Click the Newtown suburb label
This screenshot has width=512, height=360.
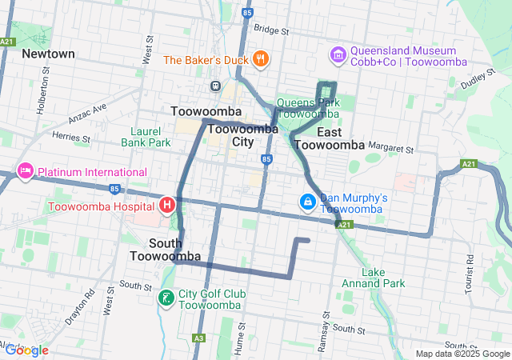click(x=48, y=54)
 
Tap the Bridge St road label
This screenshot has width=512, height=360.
click(x=270, y=30)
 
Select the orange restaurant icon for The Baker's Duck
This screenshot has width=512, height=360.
click(x=260, y=58)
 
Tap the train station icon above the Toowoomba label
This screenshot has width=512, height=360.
click(x=215, y=86)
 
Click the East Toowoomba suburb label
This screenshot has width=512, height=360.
click(x=330, y=138)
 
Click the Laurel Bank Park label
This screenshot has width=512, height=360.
click(x=146, y=137)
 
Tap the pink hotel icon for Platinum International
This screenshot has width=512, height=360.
click(x=25, y=172)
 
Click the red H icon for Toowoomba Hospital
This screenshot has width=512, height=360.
click(x=167, y=206)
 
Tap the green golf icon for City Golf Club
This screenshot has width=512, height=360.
click(x=166, y=298)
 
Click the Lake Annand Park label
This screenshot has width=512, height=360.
click(x=373, y=278)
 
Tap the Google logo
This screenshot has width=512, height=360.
click(x=26, y=350)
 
